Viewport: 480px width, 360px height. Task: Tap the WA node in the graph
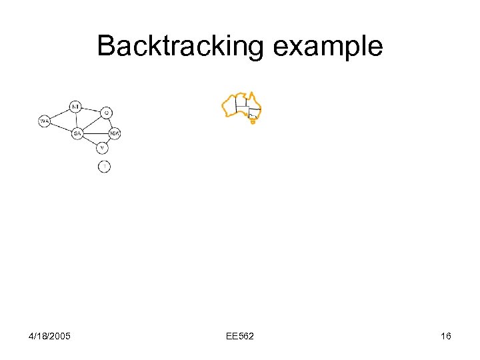pyautogui.click(x=44, y=121)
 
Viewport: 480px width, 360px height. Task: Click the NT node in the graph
pyautogui.click(x=75, y=106)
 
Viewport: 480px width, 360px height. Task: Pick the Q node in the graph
pyautogui.click(x=107, y=112)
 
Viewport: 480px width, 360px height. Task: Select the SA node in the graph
pyautogui.click(x=77, y=133)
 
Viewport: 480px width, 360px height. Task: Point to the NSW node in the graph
pyautogui.click(x=115, y=133)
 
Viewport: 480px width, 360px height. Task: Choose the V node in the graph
pyautogui.click(x=102, y=147)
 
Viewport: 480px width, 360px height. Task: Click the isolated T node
pyautogui.click(x=104, y=166)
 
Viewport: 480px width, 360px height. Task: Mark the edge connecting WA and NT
pyautogui.click(x=59, y=113)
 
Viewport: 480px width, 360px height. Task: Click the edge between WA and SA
pyautogui.click(x=61, y=127)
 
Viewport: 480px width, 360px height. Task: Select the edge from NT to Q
pyautogui.click(x=91, y=109)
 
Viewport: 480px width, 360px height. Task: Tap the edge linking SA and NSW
pyautogui.click(x=96, y=133)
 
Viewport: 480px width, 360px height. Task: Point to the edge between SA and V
pyautogui.click(x=90, y=141)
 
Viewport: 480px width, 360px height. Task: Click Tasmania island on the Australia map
pyautogui.click(x=253, y=122)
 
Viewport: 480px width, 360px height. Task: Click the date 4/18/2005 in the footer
pyautogui.click(x=51, y=335)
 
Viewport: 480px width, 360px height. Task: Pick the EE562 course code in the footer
pyautogui.click(x=239, y=335)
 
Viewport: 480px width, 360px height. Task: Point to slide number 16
pyautogui.click(x=445, y=335)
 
